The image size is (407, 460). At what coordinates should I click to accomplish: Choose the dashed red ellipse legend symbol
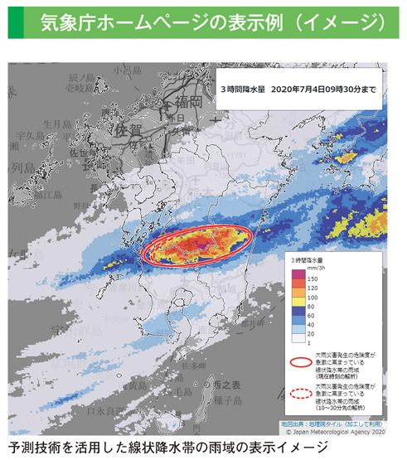pyautogui.click(x=300, y=395)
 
